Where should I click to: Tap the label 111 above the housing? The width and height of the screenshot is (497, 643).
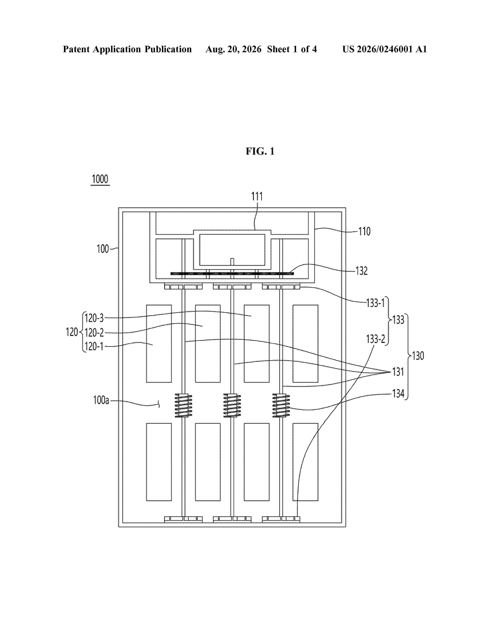[x=257, y=196]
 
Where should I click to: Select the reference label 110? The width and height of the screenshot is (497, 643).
[x=364, y=231]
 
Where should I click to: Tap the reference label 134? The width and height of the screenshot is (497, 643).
[x=398, y=393]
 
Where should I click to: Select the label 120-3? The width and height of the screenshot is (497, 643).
[x=94, y=318]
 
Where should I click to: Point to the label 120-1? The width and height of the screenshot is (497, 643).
[x=94, y=346]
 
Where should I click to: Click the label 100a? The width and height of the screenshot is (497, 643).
[x=101, y=400]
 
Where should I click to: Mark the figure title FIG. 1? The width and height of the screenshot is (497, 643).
[x=260, y=151]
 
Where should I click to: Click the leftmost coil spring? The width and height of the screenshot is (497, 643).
[x=183, y=405]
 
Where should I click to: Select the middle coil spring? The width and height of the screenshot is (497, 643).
[x=232, y=405]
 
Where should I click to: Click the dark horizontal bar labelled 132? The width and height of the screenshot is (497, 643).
[x=232, y=274]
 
